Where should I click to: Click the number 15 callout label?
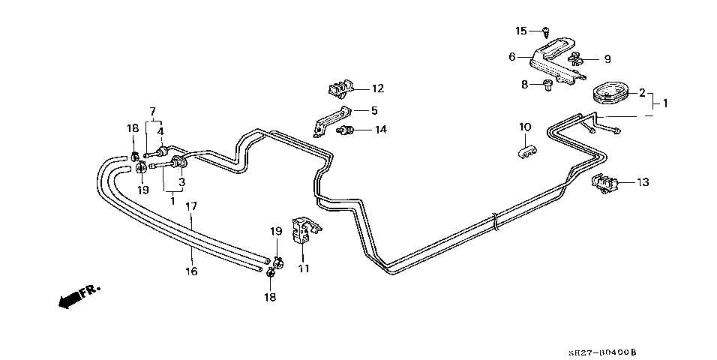click(521, 31)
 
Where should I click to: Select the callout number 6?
click(511, 56)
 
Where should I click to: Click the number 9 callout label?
click(607, 59)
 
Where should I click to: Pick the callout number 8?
click(525, 84)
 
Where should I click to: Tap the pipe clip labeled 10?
click(525, 152)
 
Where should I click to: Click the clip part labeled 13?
click(604, 183)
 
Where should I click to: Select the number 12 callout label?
click(377, 88)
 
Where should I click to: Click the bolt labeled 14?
click(346, 132)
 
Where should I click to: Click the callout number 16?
click(191, 271)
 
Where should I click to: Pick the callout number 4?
click(160, 131)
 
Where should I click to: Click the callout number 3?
click(181, 180)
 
